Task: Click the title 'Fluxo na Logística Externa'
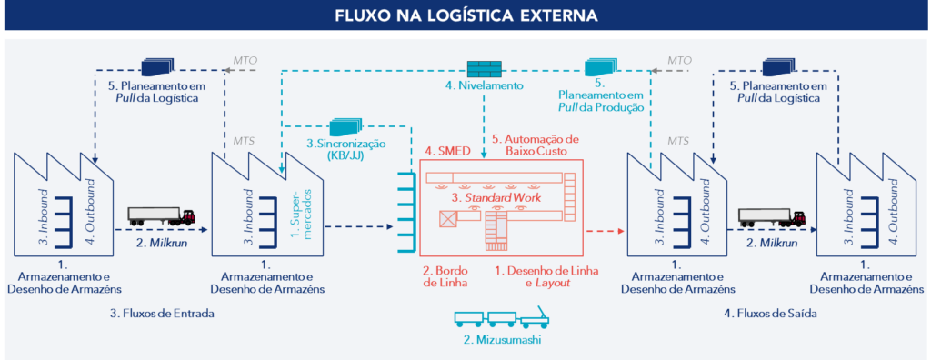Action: pos(465,16)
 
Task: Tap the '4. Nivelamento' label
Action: pos(485,86)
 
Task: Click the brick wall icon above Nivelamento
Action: pos(483,68)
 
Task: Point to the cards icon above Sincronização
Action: pos(345,127)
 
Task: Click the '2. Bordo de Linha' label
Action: pos(445,276)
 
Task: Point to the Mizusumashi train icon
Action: pos(499,319)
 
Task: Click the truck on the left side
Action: pos(161,216)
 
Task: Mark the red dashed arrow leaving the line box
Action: pos(605,232)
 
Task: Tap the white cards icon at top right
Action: pos(779,67)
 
